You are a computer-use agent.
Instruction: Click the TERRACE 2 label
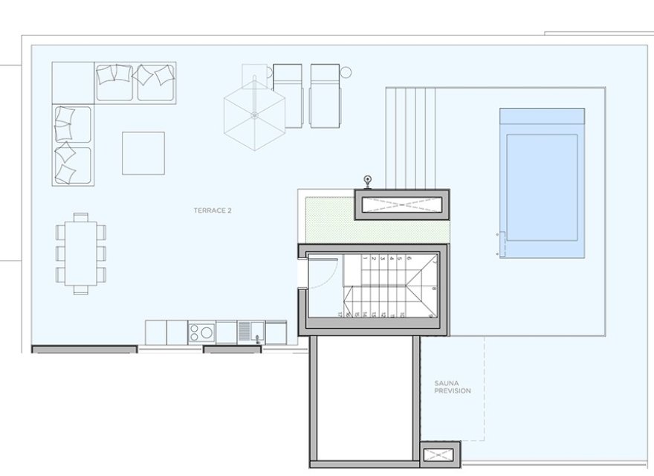tap(213, 211)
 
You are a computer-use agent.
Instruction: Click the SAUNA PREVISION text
tap(453, 387)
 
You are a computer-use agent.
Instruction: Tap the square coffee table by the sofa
tap(143, 152)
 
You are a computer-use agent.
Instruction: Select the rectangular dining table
tap(80, 253)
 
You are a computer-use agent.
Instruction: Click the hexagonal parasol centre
tap(254, 115)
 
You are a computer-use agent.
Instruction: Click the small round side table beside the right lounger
tap(344, 72)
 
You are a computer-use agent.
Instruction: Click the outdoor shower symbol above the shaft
tap(367, 179)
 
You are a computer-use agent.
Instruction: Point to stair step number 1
tap(362, 259)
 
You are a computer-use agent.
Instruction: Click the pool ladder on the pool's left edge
tap(500, 245)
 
